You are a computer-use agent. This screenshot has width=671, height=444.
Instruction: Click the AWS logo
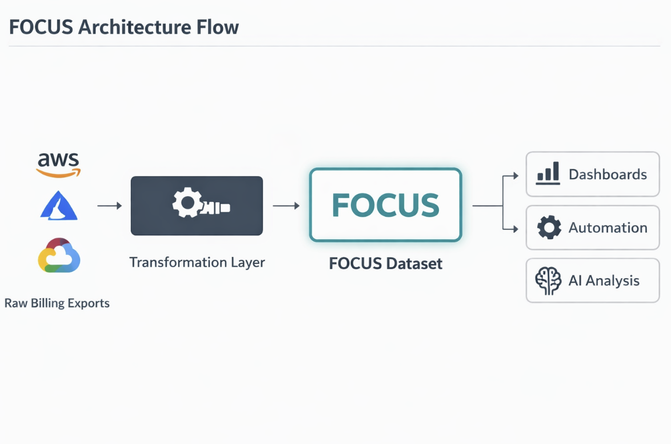[59, 165]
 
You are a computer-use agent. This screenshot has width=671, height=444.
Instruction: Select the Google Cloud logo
[59, 256]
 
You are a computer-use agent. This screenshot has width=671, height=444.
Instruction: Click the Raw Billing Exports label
[57, 303]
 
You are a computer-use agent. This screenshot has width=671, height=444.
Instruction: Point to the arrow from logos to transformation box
[110, 205]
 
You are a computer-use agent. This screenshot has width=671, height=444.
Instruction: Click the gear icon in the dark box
[187, 203]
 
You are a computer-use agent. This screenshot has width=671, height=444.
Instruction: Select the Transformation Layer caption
[197, 263]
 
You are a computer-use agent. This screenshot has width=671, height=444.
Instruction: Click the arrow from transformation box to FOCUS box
[286, 205]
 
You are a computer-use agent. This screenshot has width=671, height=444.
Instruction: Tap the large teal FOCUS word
[386, 205]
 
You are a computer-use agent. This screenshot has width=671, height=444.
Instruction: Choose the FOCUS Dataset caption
[386, 264]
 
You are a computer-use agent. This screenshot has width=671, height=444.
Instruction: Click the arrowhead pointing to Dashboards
[516, 176]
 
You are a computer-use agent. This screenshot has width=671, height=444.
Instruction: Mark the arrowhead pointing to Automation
[516, 229]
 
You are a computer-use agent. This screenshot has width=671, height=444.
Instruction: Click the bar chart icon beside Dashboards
[548, 174]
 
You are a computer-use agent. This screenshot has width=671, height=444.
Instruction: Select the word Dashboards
[608, 175]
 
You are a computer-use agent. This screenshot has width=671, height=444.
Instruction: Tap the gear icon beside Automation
[549, 228]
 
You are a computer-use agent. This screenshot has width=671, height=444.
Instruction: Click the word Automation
[608, 228]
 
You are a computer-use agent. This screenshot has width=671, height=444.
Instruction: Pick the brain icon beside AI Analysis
[548, 281]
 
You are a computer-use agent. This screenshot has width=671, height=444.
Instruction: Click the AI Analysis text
[604, 281]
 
